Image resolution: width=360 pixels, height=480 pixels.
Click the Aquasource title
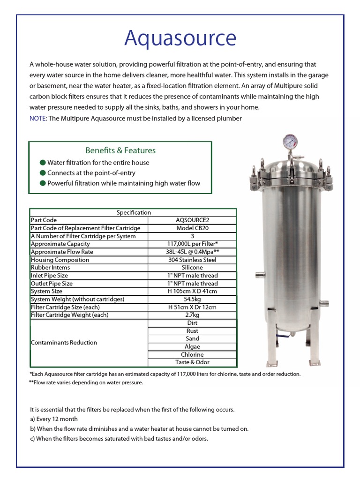(180, 38)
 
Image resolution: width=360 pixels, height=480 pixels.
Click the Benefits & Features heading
(120, 150)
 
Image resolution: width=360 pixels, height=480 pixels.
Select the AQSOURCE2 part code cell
(192, 220)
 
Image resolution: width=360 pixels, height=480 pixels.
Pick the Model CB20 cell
(192, 228)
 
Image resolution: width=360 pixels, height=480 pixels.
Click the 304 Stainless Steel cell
(192, 260)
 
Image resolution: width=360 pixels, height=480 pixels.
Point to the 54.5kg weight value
(192, 299)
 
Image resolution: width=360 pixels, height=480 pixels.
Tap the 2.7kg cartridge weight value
(192, 315)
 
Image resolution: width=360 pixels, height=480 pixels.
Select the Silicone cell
(192, 268)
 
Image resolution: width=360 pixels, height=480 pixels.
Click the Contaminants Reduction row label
(64, 343)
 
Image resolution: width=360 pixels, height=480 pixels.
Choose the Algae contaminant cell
(192, 346)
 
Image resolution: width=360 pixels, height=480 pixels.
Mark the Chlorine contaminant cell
(192, 354)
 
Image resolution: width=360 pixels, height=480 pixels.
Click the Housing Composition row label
(60, 260)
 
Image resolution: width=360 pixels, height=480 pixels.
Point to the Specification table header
(134, 212)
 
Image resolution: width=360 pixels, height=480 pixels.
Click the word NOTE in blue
(37, 118)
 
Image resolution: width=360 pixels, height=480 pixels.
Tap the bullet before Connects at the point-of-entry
(43, 173)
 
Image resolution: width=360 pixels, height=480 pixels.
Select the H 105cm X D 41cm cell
(192, 291)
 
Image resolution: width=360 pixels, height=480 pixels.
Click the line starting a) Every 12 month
(53, 419)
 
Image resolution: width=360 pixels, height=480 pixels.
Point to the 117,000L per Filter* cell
(192, 244)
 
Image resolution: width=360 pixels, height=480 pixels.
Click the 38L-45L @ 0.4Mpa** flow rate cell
(192, 252)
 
